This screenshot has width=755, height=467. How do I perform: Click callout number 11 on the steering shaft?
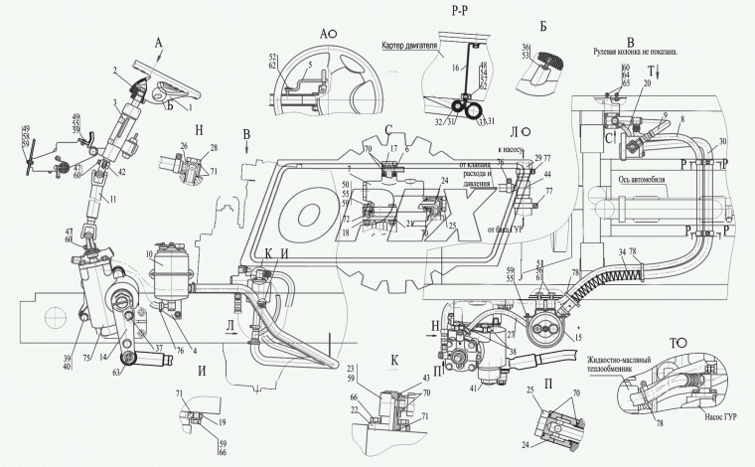(x=112, y=200)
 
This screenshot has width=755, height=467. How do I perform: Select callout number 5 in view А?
(x=309, y=67)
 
